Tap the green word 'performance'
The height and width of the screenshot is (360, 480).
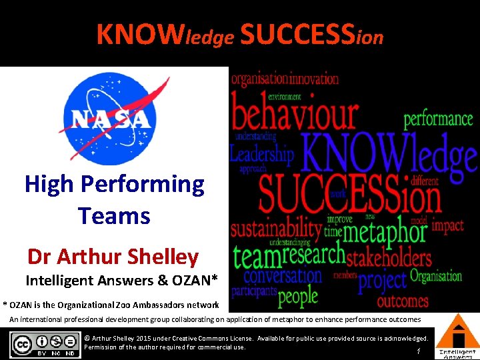[438, 119]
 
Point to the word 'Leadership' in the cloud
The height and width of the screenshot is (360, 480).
[261, 155]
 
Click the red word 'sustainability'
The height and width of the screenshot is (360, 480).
[276, 228]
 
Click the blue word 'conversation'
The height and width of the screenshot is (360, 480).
[283, 275]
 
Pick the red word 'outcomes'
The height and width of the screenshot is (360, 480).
[403, 301]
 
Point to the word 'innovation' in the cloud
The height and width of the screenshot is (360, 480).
[314, 79]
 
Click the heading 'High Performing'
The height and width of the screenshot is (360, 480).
[114, 184]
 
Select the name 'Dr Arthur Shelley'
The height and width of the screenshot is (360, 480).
[113, 256]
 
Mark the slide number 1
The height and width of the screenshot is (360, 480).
[417, 351]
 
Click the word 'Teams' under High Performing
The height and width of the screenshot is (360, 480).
[114, 216]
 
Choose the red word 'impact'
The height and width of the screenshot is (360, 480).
[447, 225]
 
